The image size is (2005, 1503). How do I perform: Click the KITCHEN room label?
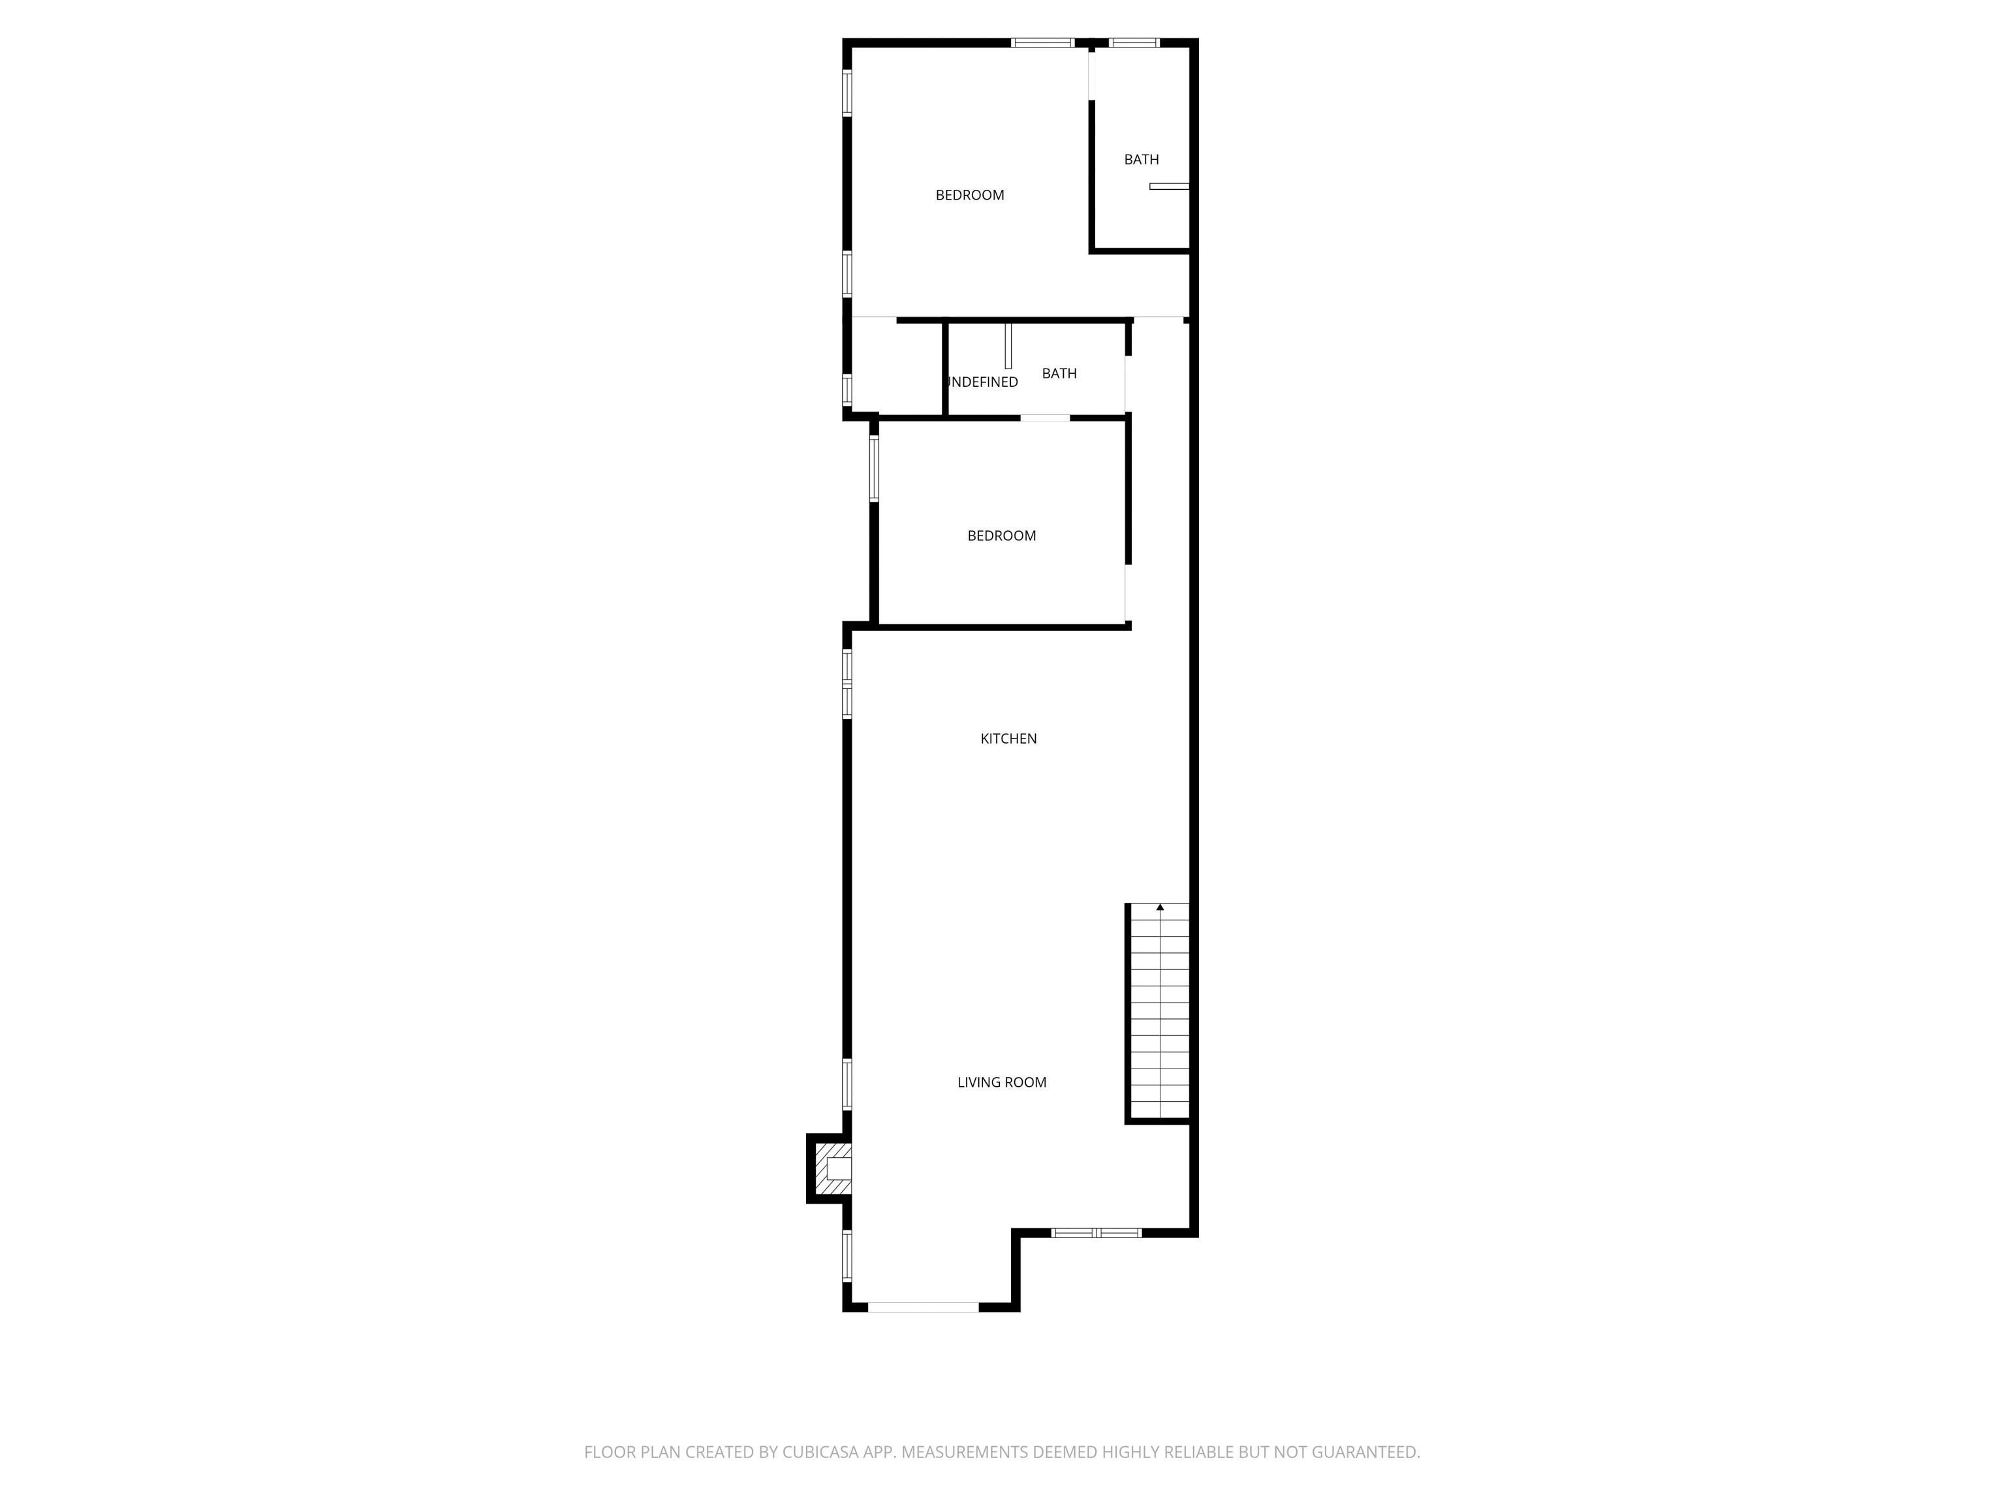[1008, 738]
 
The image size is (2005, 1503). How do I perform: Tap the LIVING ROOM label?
[1002, 1082]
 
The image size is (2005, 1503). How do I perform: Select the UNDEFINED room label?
[982, 382]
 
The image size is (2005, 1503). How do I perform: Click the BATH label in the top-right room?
[1141, 159]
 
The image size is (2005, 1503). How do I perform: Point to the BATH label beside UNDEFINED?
[1059, 373]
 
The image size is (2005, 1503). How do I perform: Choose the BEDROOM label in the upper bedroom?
[969, 195]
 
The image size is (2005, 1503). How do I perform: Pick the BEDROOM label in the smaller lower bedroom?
[1001, 536]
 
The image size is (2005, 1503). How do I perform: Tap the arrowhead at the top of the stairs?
[1159, 907]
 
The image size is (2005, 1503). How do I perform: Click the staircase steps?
[1159, 1014]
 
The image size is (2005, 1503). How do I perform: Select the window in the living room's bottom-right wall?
[1096, 1232]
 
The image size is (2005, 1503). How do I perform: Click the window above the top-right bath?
[1133, 42]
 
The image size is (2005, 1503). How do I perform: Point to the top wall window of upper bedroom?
[1042, 42]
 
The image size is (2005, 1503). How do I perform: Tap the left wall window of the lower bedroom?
[874, 468]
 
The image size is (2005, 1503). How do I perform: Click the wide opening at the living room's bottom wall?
[923, 1307]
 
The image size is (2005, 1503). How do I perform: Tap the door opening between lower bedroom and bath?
[1045, 417]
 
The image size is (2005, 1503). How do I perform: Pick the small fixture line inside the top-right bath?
[1168, 187]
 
